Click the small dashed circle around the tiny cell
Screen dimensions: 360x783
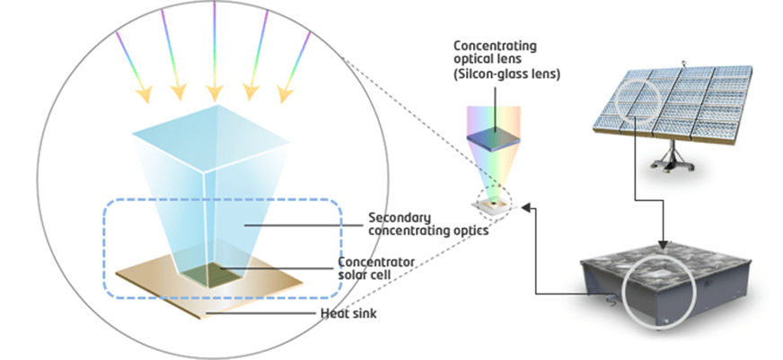[x=491, y=201]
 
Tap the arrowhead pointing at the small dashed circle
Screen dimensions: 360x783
[x=526, y=207]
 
